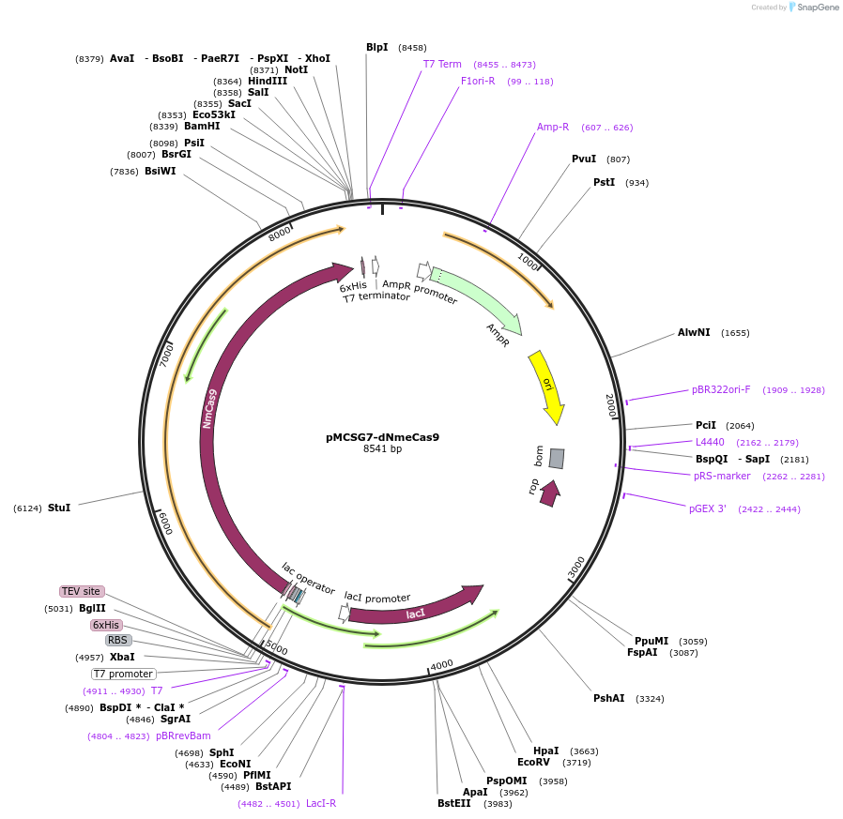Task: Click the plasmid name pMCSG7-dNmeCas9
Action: (x=382, y=436)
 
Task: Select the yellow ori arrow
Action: (x=546, y=386)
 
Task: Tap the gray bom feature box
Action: (x=557, y=458)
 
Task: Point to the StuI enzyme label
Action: (x=58, y=508)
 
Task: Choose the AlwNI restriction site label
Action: (x=694, y=332)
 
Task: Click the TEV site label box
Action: (x=81, y=591)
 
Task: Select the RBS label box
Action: (x=117, y=640)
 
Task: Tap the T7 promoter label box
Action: (x=123, y=674)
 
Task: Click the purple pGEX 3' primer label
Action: (x=708, y=508)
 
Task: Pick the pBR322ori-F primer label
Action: (x=721, y=389)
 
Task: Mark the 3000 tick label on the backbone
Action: (x=576, y=567)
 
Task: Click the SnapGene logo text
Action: (x=819, y=8)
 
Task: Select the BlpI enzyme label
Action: (x=376, y=47)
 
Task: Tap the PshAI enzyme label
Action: (x=608, y=698)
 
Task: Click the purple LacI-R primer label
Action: (x=321, y=803)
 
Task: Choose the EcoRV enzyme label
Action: (x=533, y=762)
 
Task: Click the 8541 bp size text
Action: (x=382, y=449)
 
